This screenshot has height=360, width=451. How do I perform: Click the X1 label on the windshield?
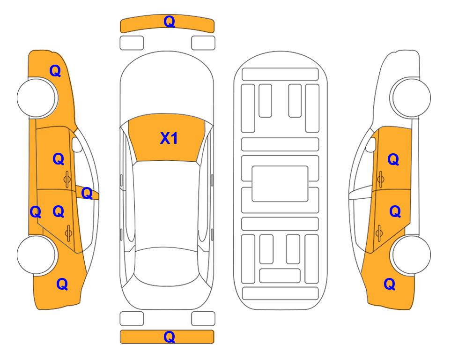point(169,138)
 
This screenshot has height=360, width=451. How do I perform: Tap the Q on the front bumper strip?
point(169,22)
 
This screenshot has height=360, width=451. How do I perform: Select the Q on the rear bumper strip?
point(169,337)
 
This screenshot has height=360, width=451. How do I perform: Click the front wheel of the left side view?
point(36,97)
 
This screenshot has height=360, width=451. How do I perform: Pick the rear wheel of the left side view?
point(36,255)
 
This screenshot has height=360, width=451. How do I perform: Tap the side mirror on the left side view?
point(77,144)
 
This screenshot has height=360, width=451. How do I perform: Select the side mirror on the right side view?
point(371,144)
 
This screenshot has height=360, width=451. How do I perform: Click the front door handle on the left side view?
point(67,179)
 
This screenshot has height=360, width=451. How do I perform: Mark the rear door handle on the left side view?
point(68,232)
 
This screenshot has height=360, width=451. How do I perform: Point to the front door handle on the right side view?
point(380,179)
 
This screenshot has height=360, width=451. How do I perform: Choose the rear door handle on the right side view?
point(379,232)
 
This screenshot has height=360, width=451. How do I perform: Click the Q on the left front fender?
point(55,71)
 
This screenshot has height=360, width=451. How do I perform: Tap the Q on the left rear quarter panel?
point(62,284)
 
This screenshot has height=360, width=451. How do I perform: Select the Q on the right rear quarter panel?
point(390,284)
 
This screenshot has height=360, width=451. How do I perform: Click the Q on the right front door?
point(393,159)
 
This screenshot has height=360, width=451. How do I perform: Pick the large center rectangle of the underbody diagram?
point(280,184)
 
